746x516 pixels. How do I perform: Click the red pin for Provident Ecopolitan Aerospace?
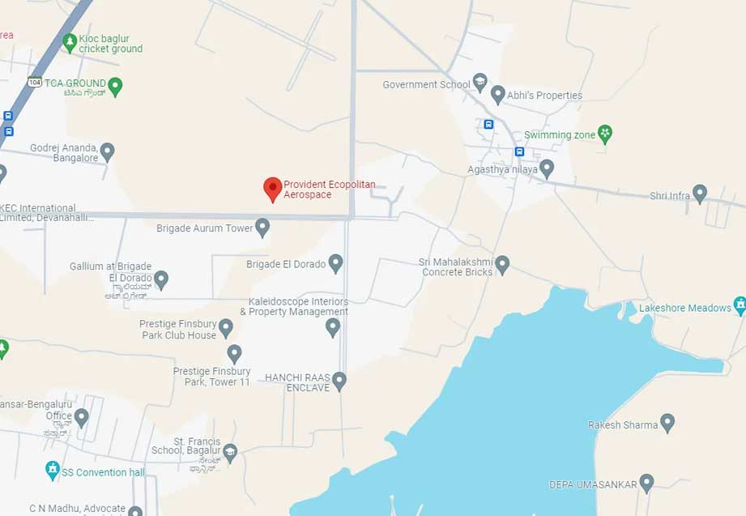click(x=273, y=189)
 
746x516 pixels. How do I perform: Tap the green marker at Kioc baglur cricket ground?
click(x=70, y=41)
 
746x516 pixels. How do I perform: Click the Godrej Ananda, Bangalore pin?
click(x=107, y=151)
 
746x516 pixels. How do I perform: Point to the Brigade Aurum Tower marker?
click(x=262, y=227)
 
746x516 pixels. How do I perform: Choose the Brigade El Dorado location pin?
click(x=335, y=262)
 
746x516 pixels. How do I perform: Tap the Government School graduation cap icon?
click(x=480, y=82)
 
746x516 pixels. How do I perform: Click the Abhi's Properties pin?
click(x=498, y=94)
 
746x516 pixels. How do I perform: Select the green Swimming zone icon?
click(x=604, y=133)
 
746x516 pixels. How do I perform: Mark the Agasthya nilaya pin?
click(x=547, y=168)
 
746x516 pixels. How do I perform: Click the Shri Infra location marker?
click(x=700, y=193)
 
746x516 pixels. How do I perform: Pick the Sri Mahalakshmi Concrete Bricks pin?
click(x=502, y=263)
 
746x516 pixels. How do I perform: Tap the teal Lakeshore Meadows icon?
click(x=740, y=305)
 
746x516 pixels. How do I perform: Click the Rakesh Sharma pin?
click(x=667, y=422)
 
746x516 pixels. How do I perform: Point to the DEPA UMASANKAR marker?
click(x=646, y=483)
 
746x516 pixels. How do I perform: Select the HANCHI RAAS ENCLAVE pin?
click(x=339, y=380)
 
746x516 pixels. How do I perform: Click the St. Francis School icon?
click(x=230, y=452)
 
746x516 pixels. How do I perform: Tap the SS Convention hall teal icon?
click(x=53, y=470)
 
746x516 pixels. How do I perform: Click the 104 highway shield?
click(x=34, y=82)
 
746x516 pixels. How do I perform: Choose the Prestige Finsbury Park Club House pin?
click(x=226, y=327)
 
